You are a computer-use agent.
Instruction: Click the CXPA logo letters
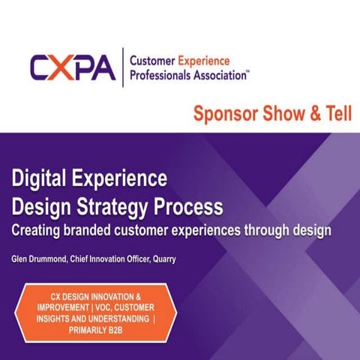(73, 68)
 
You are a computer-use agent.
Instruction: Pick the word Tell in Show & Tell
(335, 115)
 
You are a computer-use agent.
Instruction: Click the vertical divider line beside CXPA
(123, 68)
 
